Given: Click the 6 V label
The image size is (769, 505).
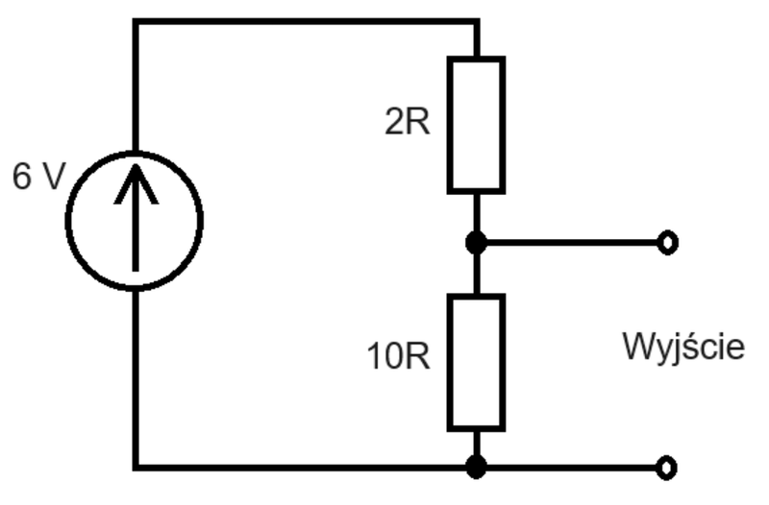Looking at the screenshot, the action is click(38, 177).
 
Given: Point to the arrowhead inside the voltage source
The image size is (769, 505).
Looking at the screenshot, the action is click(136, 183).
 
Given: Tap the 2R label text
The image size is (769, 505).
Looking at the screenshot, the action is click(407, 122).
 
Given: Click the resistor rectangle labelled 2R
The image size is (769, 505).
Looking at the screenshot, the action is click(449, 126).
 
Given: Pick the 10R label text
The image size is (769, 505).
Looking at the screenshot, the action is click(398, 356).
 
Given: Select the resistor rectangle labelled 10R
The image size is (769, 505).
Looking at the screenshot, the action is click(449, 363).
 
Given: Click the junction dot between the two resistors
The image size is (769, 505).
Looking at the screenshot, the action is click(476, 243).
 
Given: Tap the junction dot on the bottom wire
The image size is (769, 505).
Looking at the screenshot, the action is click(476, 467).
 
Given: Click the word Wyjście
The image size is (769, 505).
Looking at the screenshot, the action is click(683, 347).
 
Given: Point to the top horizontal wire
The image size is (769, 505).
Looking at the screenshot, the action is click(306, 22).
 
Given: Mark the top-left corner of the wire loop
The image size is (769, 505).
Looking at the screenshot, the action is click(136, 22).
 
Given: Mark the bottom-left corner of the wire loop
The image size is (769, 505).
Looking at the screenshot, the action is click(136, 468).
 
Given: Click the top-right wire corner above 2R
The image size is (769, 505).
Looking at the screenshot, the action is click(476, 22).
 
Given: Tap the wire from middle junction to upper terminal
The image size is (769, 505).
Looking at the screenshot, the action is click(572, 243).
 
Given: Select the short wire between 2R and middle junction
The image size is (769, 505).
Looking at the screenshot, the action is click(476, 213).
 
